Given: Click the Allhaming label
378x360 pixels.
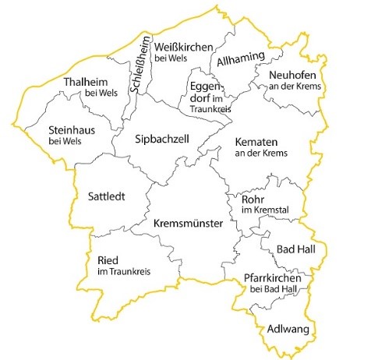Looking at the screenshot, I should (x=241, y=58).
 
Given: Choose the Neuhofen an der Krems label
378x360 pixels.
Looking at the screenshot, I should (x=291, y=79).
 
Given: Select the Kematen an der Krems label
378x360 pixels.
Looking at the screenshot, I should (x=260, y=146).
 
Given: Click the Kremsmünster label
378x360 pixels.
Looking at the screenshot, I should (x=189, y=224).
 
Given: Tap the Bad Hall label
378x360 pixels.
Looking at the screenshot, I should (x=296, y=248).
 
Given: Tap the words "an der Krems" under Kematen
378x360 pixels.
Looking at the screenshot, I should (x=260, y=154).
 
